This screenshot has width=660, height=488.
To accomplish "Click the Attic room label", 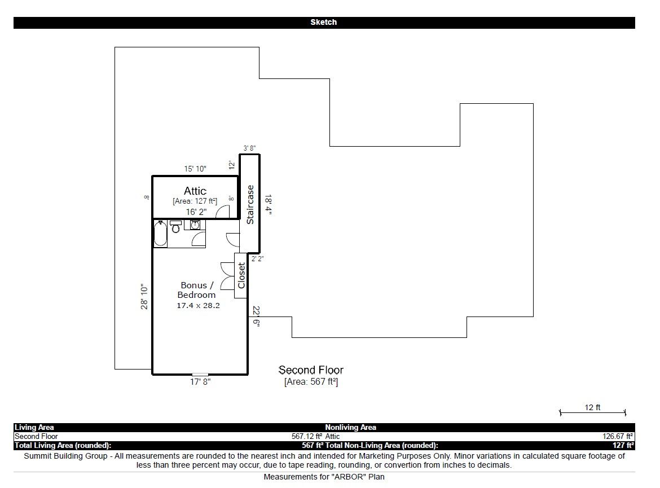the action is pyautogui.click(x=195, y=191).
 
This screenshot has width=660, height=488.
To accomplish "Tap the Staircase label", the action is pyautogui.click(x=250, y=205).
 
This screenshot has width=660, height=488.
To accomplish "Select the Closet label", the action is pyautogui.click(x=241, y=275).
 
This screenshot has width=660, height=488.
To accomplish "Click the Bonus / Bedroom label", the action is pyautogui.click(x=196, y=290).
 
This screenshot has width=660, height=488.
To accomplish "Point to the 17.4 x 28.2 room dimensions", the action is pyautogui.click(x=198, y=305).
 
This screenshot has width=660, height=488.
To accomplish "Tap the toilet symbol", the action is pyautogui.click(x=175, y=226).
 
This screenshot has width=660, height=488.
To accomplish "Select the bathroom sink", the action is pyautogui.click(x=195, y=225).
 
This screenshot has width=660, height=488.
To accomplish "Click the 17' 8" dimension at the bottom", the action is pyautogui.click(x=200, y=382).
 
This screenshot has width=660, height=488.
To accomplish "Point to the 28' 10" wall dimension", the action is pyautogui.click(x=144, y=296).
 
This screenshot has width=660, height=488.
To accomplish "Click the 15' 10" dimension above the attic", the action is pyautogui.click(x=195, y=169).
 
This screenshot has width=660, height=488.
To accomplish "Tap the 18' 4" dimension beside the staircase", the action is pyautogui.click(x=268, y=205).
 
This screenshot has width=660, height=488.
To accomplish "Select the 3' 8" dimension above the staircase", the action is pyautogui.click(x=249, y=148).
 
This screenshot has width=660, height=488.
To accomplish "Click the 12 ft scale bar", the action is pyautogui.click(x=593, y=412).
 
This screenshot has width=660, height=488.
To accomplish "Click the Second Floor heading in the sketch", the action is pyautogui.click(x=311, y=370).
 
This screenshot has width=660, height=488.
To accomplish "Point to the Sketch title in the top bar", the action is pyautogui.click(x=324, y=23).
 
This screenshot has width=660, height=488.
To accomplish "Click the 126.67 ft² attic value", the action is pyautogui.click(x=618, y=437).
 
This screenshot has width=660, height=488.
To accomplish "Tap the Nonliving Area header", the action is pyautogui.click(x=351, y=428).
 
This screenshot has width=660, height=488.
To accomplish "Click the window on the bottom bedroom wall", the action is pyautogui.click(x=200, y=374).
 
